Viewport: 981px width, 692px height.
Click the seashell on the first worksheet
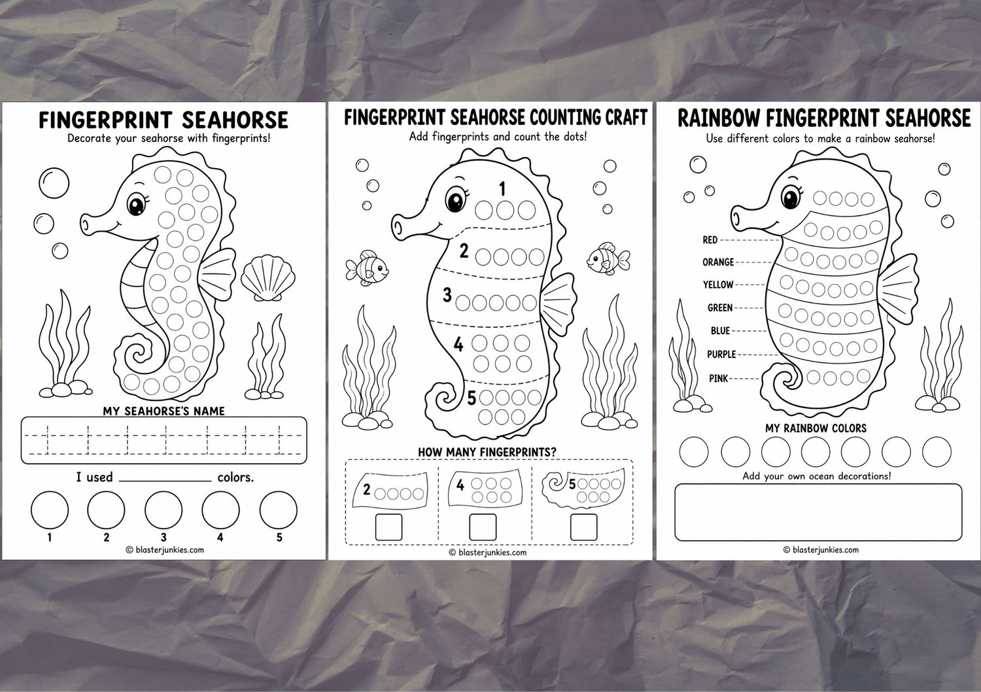pyautogui.click(x=268, y=278)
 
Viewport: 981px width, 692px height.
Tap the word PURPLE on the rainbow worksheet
pyautogui.click(x=721, y=355)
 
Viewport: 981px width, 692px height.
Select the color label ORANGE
pyautogui.click(x=718, y=262)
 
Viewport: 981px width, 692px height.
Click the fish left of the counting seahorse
pyautogui.click(x=366, y=268)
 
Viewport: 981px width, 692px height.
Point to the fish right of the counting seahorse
pyautogui.click(x=608, y=258)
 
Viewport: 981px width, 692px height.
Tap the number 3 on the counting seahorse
pyautogui.click(x=447, y=295)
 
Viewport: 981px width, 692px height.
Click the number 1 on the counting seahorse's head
pyautogui.click(x=502, y=189)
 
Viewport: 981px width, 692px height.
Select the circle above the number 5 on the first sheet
pyautogui.click(x=278, y=510)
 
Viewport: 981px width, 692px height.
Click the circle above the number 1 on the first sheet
pyautogui.click(x=50, y=510)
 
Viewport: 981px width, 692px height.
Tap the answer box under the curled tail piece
pyautogui.click(x=583, y=527)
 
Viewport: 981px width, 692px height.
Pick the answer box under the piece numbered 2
pyautogui.click(x=388, y=527)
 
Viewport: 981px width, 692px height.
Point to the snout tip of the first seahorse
pyautogui.click(x=85, y=224)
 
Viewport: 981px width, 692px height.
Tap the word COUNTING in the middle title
pyautogui.click(x=566, y=117)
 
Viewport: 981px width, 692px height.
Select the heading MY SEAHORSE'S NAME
pyautogui.click(x=163, y=411)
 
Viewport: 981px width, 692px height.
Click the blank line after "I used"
pyautogui.click(x=165, y=481)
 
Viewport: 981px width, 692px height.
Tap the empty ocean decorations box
pyautogui.click(x=818, y=512)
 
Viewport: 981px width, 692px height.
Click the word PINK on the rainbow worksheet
pyautogui.click(x=718, y=378)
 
